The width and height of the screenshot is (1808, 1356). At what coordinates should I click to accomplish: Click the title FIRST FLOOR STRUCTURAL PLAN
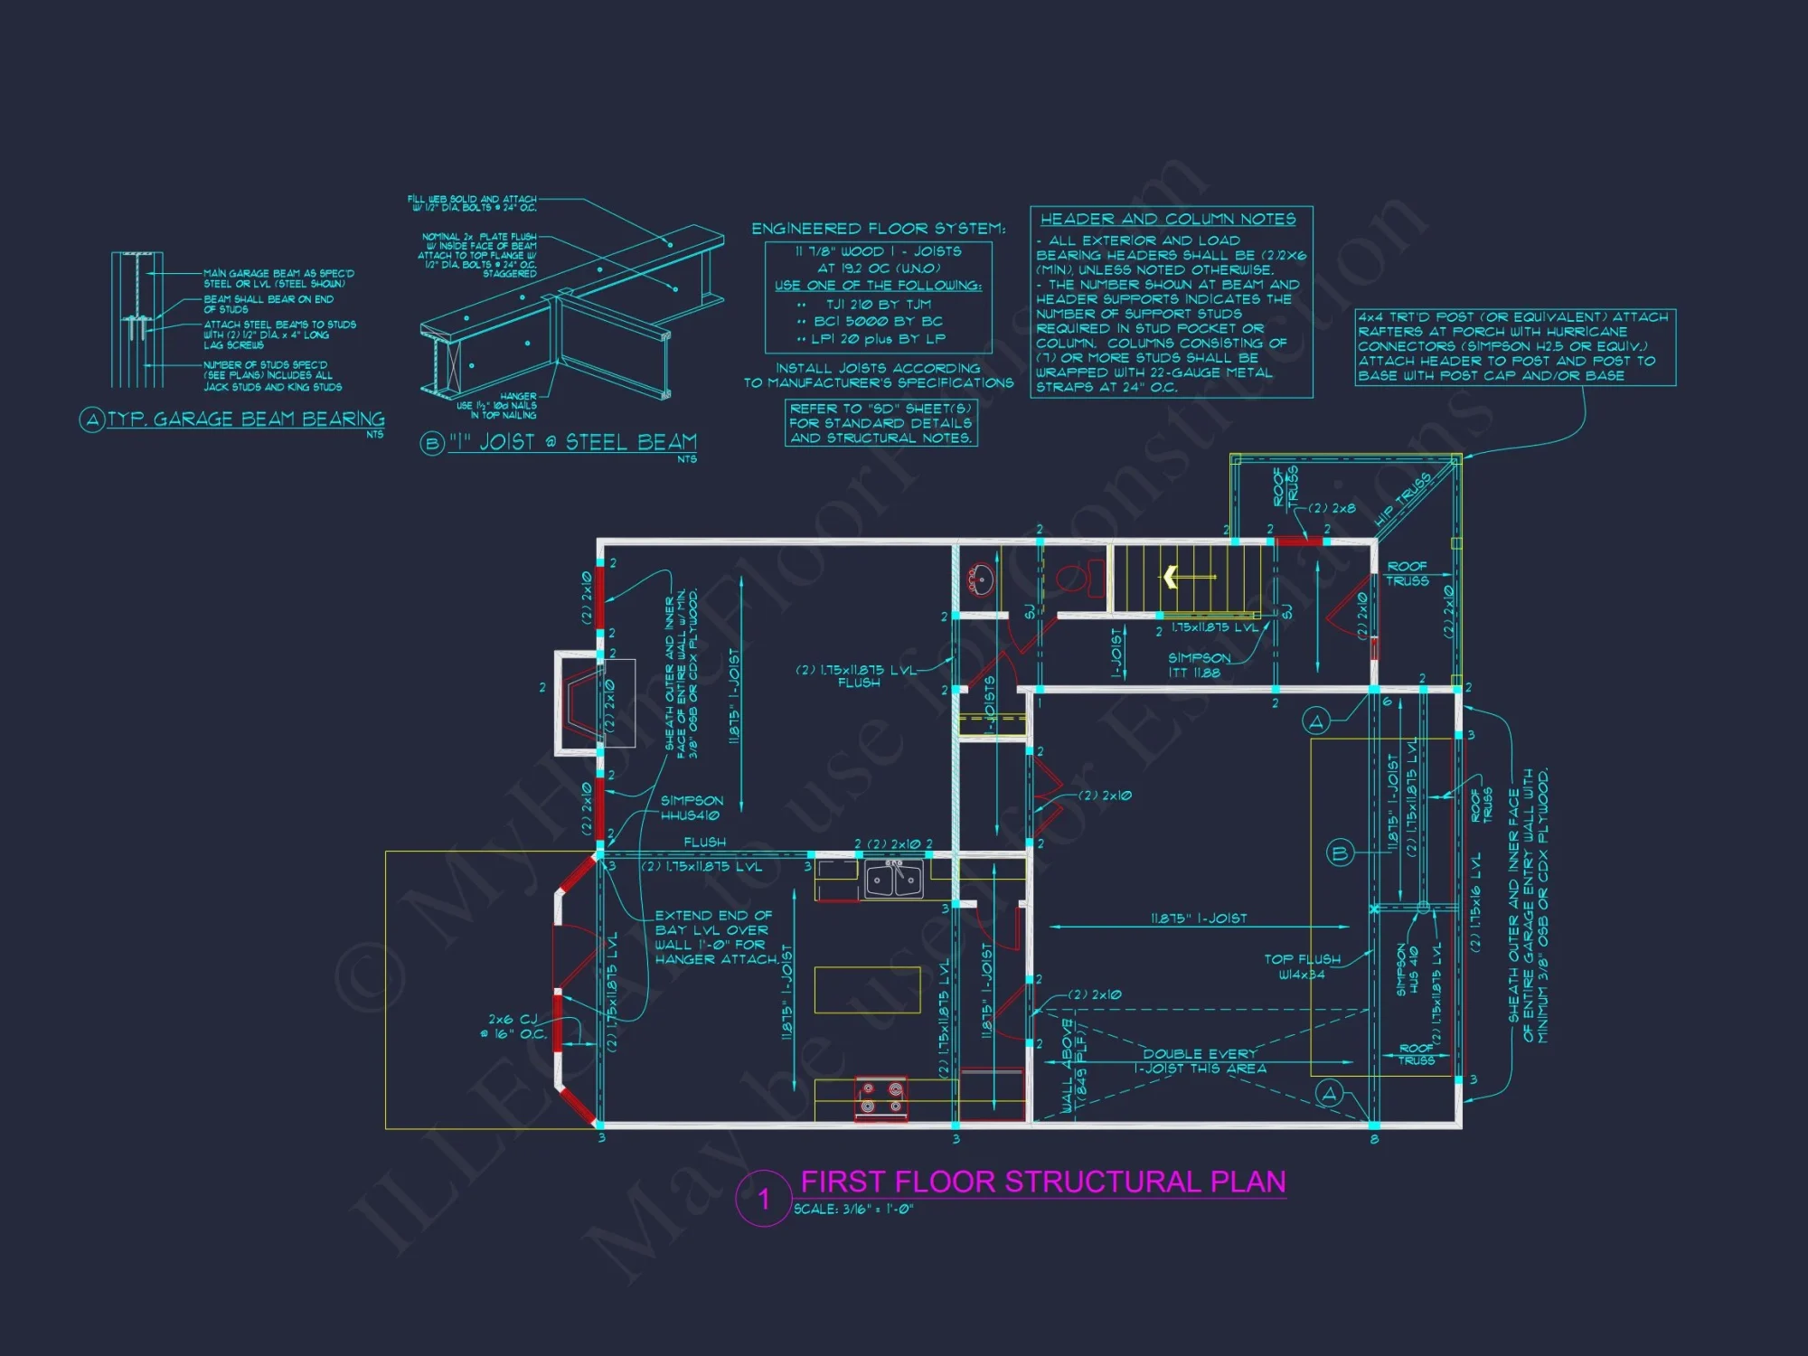tap(1042, 1182)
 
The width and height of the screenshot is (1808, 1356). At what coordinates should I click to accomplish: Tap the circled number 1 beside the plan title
tap(764, 1199)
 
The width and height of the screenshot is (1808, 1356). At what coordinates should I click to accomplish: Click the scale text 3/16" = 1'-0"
tap(853, 1210)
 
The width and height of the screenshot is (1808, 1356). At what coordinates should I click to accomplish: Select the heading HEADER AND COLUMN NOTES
tap(1167, 219)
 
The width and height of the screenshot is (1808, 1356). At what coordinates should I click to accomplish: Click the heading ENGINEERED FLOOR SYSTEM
tap(878, 229)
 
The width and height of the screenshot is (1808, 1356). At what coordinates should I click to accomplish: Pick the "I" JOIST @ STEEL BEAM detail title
tap(572, 442)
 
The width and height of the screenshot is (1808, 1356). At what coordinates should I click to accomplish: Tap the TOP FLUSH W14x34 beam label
tap(1302, 966)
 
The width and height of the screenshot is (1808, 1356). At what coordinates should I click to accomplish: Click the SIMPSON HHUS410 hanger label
tap(692, 808)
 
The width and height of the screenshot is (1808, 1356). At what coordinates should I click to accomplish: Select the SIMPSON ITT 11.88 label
tap(1199, 665)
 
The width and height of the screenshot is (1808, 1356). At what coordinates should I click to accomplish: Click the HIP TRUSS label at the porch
tap(1402, 499)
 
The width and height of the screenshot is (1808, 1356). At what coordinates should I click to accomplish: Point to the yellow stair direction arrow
tap(1172, 576)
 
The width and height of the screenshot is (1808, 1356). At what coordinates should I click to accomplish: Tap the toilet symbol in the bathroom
tap(1076, 577)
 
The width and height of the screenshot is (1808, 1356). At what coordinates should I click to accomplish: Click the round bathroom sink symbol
tap(980, 578)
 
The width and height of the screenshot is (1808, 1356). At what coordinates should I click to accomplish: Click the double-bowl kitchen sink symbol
tap(894, 879)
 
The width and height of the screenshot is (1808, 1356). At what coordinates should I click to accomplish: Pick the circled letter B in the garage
tap(1340, 852)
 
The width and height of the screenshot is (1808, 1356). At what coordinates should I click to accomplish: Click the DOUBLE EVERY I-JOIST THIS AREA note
tap(1200, 1061)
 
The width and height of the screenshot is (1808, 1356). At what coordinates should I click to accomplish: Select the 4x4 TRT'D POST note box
tap(1514, 346)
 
